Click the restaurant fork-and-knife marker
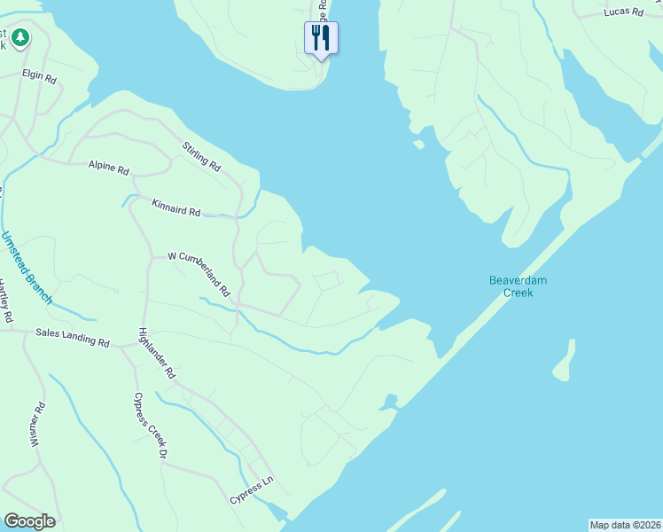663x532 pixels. pos(321,37)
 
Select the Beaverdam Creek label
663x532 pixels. pos(519,286)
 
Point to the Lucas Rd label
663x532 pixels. pos(622,12)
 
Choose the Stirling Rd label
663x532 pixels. pos(201,157)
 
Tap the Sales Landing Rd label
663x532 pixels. pos(72,336)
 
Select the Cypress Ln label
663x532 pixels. pos(253,489)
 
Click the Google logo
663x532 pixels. pos(29,521)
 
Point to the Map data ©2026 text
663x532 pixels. pos(625,525)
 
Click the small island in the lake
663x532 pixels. pos(563,360)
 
